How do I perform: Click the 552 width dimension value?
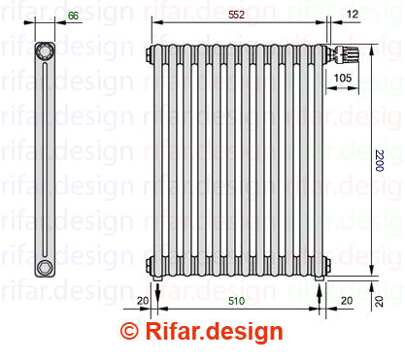(236, 15)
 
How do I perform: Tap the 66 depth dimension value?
(73, 16)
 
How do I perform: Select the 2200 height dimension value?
(380, 160)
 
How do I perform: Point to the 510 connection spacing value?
(236, 301)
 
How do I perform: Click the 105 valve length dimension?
(343, 78)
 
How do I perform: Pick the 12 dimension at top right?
(353, 14)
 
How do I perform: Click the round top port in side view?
(45, 50)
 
